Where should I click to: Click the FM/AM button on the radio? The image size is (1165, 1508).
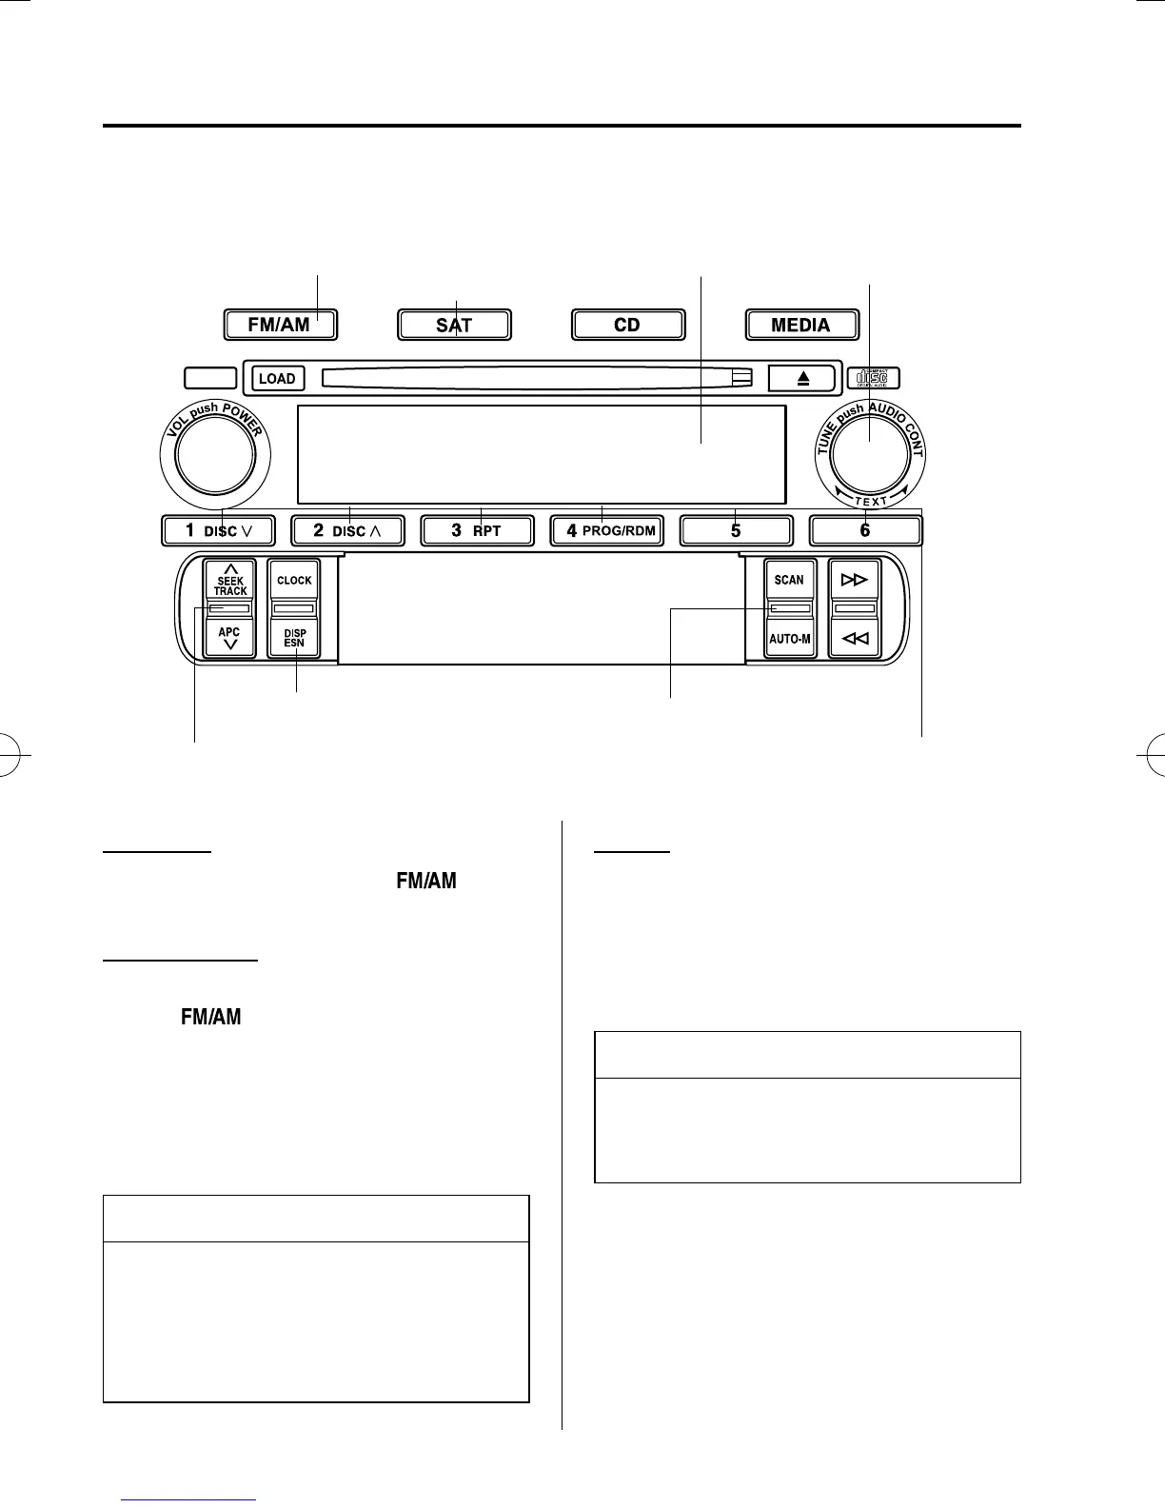click(x=281, y=325)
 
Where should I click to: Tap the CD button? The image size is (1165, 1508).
click(x=627, y=325)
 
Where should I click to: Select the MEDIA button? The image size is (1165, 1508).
click(x=800, y=325)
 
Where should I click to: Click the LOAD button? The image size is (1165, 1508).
click(x=277, y=378)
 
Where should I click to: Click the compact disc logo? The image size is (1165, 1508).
click(x=872, y=378)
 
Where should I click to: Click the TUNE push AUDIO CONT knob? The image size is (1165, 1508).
click(x=869, y=456)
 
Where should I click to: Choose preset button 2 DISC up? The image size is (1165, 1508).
click(x=347, y=530)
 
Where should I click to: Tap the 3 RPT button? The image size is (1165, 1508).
click(x=477, y=530)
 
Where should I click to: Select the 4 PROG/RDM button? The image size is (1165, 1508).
click(x=607, y=530)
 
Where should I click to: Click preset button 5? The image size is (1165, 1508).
click(x=736, y=530)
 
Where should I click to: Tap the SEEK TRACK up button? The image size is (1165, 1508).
click(x=229, y=579)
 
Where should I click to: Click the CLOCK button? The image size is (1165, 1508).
click(x=294, y=580)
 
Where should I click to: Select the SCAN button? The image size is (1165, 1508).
click(x=789, y=579)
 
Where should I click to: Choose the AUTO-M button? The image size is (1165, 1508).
click(x=789, y=639)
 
